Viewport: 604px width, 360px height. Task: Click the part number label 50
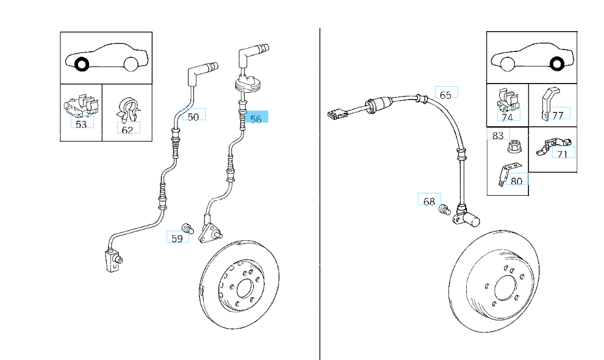[x=193, y=116]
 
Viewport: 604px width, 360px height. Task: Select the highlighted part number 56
[x=256, y=119]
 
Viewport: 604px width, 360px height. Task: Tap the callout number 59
[x=177, y=239]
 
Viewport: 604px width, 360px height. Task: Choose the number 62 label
[x=128, y=129]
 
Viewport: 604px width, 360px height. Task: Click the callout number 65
[x=445, y=95]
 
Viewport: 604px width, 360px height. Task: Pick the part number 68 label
[x=429, y=201]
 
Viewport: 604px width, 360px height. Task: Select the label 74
[x=507, y=117]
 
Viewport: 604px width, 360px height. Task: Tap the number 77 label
[x=558, y=115]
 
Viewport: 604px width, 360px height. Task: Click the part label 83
[x=498, y=135]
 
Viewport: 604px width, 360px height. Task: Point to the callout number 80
[x=516, y=181]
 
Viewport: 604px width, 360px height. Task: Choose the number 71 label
[x=563, y=153]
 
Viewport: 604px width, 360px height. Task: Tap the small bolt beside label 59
[x=189, y=228]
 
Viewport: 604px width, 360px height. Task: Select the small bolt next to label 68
[x=445, y=211]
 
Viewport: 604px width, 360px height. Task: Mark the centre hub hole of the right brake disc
[x=506, y=287]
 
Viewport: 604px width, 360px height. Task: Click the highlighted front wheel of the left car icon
[x=81, y=63]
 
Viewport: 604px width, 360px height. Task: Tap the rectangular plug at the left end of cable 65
[x=336, y=113]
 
